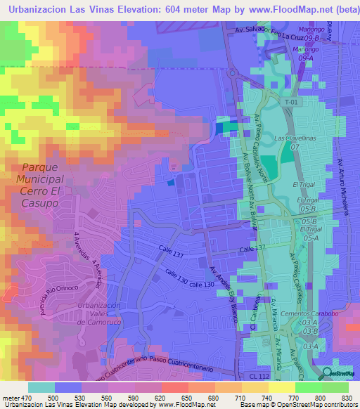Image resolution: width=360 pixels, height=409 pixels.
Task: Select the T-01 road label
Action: point(291,102)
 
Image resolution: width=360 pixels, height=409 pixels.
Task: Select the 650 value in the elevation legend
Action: point(184,398)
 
